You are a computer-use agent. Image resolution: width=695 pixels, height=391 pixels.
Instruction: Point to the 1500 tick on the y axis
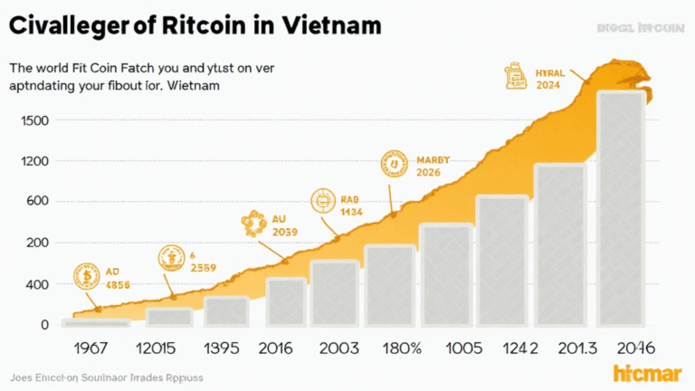27,120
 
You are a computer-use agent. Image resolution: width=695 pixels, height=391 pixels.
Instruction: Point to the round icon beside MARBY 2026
395,164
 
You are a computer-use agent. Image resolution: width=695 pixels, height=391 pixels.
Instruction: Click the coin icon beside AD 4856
87,276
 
